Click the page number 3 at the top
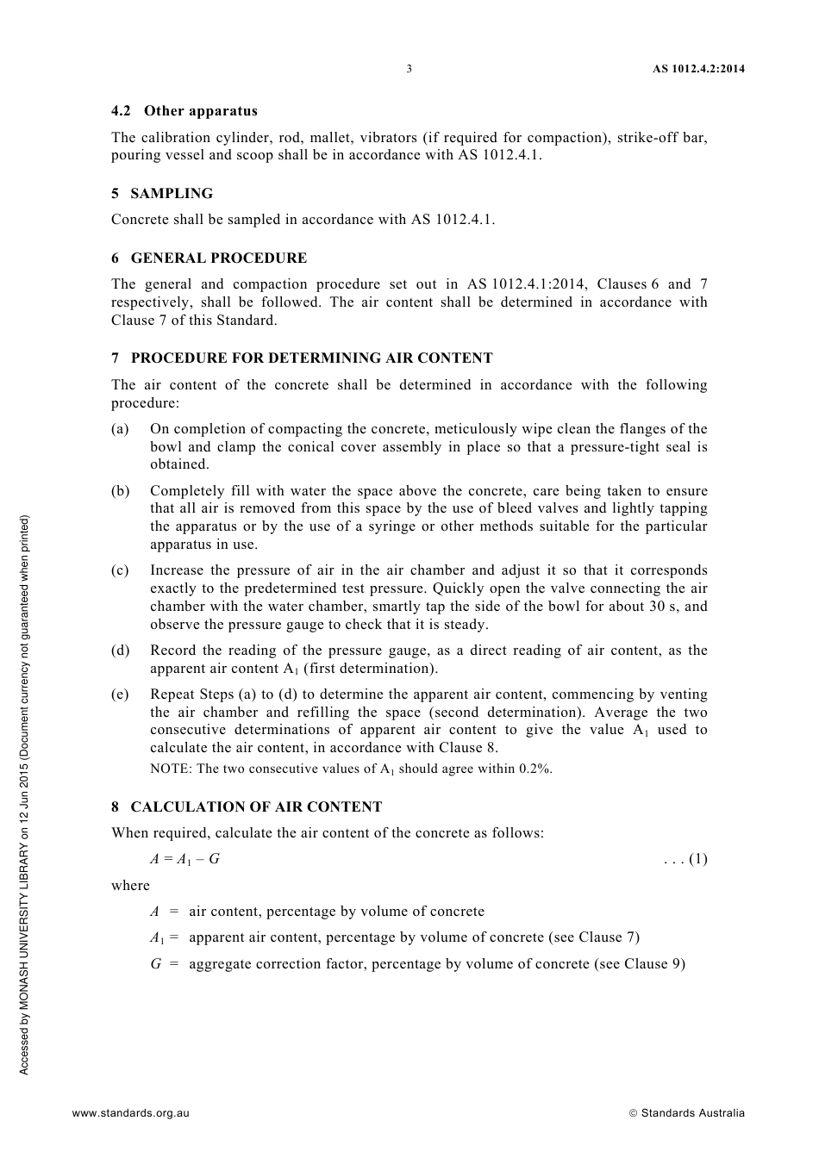(x=409, y=69)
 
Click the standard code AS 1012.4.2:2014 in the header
(x=698, y=69)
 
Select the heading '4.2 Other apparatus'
(x=184, y=110)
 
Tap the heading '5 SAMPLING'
(x=161, y=193)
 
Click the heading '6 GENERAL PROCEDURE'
(x=209, y=258)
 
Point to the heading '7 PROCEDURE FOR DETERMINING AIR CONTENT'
(x=302, y=358)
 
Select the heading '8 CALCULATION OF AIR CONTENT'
(x=247, y=806)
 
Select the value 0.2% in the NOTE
(x=535, y=769)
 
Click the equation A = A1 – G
(x=184, y=859)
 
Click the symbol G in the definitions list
(x=156, y=963)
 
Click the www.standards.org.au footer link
(x=130, y=1112)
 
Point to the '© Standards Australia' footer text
(x=686, y=1112)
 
